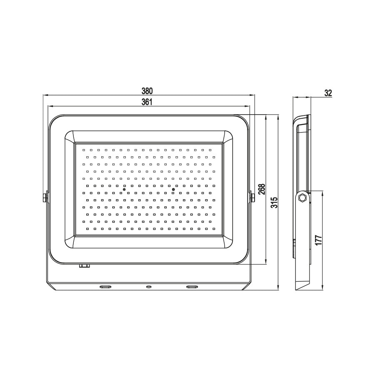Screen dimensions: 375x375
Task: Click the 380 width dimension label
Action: click(x=147, y=91)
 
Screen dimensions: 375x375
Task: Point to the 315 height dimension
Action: click(x=274, y=202)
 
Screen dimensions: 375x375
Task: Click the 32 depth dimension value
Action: click(x=328, y=92)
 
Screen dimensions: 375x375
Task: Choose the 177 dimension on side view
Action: click(x=318, y=241)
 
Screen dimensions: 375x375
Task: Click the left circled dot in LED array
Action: click(x=124, y=189)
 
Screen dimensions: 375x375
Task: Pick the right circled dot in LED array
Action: click(x=173, y=189)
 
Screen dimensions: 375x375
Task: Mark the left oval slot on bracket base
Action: click(x=105, y=287)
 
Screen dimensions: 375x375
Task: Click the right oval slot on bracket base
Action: click(x=192, y=287)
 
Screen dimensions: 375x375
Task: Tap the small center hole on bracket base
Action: click(x=148, y=287)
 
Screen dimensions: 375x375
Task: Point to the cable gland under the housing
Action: click(x=85, y=265)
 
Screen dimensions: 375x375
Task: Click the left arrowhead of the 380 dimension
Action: click(x=45, y=95)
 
